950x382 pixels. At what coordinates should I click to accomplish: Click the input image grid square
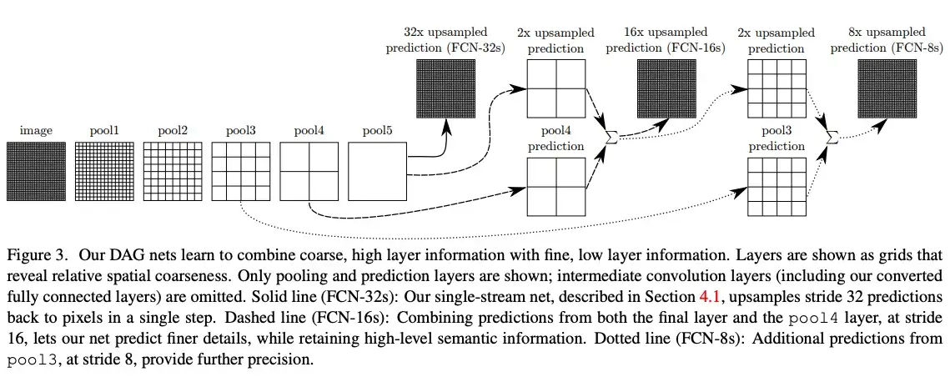(x=37, y=171)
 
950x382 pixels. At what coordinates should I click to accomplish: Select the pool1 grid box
(x=104, y=171)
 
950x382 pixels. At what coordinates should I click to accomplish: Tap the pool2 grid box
(x=173, y=171)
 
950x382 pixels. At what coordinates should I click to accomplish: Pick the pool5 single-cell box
(x=377, y=171)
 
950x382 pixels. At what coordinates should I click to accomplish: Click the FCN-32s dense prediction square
(x=446, y=88)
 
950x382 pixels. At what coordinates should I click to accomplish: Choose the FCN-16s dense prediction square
(x=666, y=88)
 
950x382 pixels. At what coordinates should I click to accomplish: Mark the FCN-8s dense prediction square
(x=887, y=88)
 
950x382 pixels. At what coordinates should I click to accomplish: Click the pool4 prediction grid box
(x=556, y=187)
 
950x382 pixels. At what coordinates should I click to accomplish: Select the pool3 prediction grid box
(x=777, y=187)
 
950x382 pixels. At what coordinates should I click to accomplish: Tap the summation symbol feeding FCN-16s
(x=611, y=138)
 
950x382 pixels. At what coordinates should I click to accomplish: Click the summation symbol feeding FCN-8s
(x=832, y=138)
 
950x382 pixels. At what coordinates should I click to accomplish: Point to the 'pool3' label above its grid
(x=241, y=131)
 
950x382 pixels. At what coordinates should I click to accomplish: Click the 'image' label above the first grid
(x=37, y=131)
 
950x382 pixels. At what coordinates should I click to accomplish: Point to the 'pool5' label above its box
(x=377, y=131)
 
